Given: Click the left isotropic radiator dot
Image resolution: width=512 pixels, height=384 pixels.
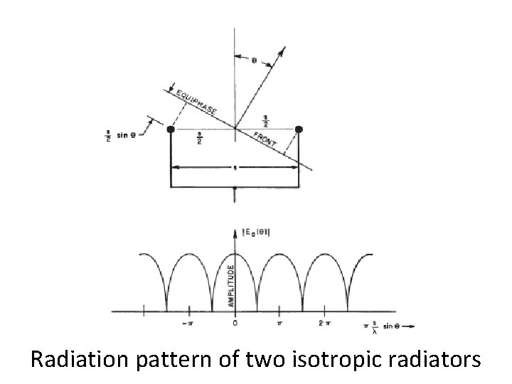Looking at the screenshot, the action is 171,130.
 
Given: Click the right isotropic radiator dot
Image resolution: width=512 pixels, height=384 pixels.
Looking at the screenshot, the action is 299,129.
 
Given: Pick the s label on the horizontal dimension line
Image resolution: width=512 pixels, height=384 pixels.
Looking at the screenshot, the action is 234,169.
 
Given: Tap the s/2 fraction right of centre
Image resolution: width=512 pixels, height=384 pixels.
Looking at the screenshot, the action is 265,121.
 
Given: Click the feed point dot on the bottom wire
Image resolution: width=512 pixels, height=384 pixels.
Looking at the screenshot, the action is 235,190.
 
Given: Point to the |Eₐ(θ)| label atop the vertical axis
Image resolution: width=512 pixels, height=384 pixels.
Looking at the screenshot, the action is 254,230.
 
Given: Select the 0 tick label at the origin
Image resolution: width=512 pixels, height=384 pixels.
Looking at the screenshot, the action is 235,324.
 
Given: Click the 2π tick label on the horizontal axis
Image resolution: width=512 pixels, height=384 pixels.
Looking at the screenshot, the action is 326,324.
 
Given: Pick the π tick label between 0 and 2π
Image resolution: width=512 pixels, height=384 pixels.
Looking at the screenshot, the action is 280,324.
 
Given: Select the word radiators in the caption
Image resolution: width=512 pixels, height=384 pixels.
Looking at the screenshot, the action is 437,361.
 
